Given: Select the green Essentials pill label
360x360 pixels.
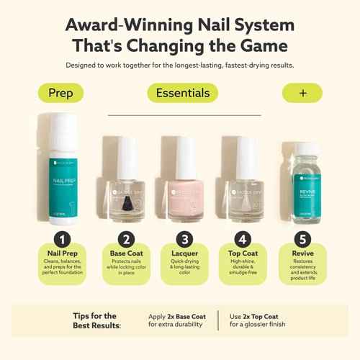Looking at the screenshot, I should (x=182, y=93).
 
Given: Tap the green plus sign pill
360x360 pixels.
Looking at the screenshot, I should (x=302, y=93).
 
